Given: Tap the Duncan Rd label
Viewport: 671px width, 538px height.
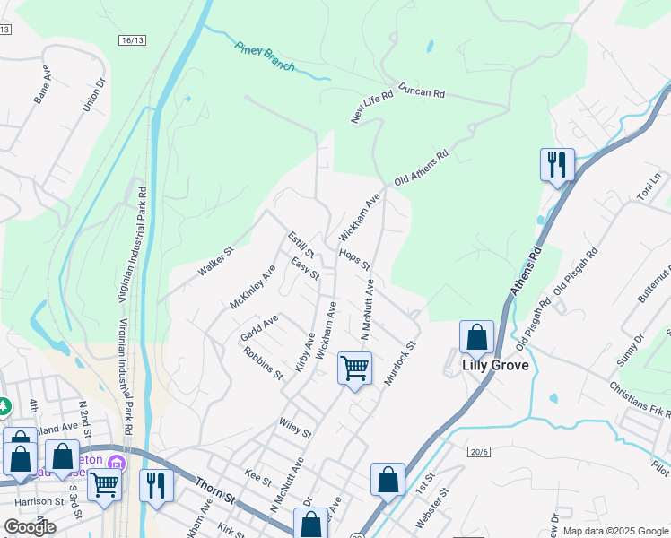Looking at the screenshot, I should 422,91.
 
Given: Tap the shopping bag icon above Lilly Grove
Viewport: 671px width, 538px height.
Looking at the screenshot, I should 476,338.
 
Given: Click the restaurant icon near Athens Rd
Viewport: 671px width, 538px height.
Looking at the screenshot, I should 557,165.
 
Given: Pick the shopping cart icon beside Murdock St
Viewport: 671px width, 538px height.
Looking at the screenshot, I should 355,368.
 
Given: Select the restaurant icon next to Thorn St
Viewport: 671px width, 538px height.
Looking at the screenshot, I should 156,486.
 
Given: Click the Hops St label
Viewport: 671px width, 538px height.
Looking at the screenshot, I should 354,259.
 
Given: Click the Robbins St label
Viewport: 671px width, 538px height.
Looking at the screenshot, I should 263,363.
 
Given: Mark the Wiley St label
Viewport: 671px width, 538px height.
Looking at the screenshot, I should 295,429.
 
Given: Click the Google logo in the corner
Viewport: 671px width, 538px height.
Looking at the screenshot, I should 30,527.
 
